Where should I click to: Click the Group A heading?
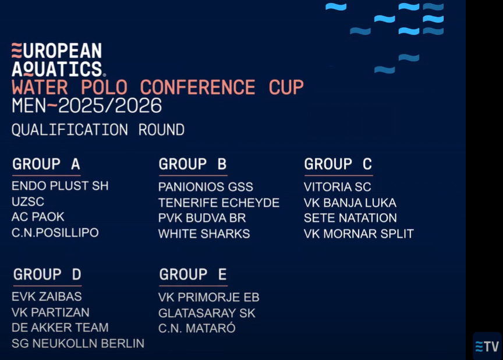point(46,164)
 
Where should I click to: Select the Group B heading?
point(193,164)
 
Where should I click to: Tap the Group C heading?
point(338,164)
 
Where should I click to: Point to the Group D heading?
point(47,274)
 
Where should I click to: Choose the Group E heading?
point(193,274)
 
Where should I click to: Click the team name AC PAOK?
point(38,217)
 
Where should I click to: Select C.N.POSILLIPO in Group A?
point(55,232)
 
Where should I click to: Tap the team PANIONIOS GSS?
point(206,187)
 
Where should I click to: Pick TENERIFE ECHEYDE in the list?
point(219,203)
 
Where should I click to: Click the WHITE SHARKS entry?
point(204,234)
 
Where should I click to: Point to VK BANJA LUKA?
point(350,203)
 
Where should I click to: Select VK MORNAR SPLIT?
point(359,234)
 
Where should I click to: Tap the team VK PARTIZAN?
point(51,312)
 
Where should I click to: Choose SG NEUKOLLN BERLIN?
point(78,343)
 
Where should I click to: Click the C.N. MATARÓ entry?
point(197,328)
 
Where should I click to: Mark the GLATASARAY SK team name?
point(207,313)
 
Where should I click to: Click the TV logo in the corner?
point(487,347)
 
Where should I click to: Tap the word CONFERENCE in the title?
point(197,87)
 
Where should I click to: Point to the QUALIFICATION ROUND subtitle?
point(98,130)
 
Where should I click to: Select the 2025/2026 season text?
point(110,105)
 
